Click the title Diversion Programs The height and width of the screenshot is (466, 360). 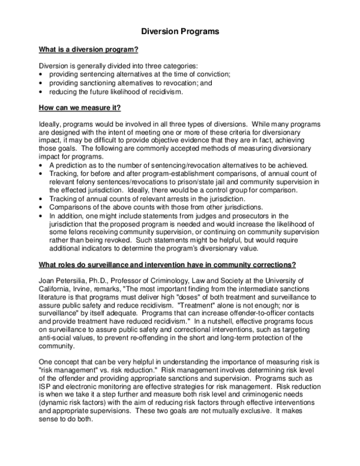point(179,29)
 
